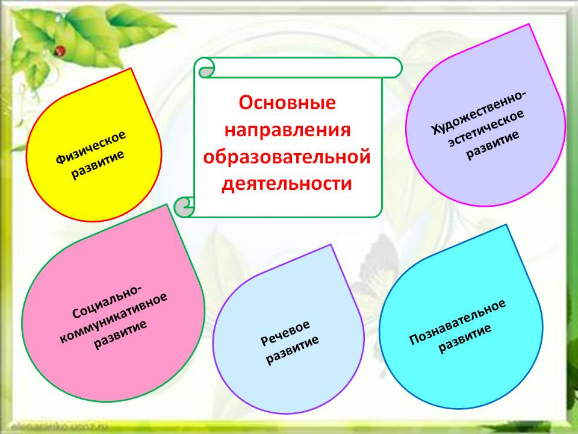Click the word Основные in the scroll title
287,102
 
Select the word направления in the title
288,131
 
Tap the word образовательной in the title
287,157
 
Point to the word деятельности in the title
287,184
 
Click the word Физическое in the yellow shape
91,147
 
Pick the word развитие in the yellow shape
98,165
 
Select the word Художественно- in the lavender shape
479,112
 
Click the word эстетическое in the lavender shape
486,128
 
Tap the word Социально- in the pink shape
106,301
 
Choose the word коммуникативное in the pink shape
114,318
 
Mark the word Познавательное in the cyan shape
458,322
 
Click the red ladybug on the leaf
61,51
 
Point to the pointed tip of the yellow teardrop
131,69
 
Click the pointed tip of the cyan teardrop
506,225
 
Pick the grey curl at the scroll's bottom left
183,207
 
